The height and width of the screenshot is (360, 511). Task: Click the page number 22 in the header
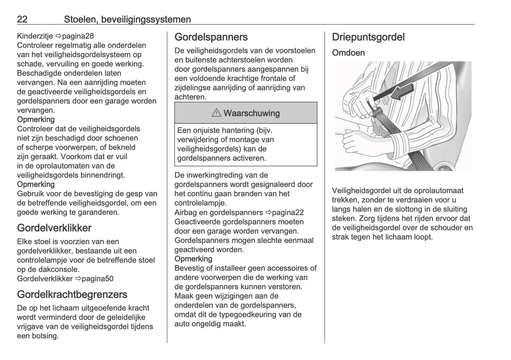pyautogui.click(x=22, y=19)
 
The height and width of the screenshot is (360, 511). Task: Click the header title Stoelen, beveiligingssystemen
pyautogui.click(x=127, y=19)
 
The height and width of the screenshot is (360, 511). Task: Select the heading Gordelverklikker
pyautogui.click(x=54, y=228)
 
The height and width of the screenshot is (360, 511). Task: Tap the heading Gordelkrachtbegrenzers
pyautogui.click(x=72, y=294)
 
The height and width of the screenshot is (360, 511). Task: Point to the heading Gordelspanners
pyautogui.click(x=211, y=37)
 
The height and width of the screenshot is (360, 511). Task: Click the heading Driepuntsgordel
pyautogui.click(x=368, y=37)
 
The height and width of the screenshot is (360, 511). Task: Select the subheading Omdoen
pyautogui.click(x=348, y=53)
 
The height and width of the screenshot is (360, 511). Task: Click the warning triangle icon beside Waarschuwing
pyautogui.click(x=216, y=113)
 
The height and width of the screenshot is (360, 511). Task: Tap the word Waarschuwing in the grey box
pyautogui.click(x=251, y=113)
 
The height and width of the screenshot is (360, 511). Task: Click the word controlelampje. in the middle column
pyautogui.click(x=200, y=203)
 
